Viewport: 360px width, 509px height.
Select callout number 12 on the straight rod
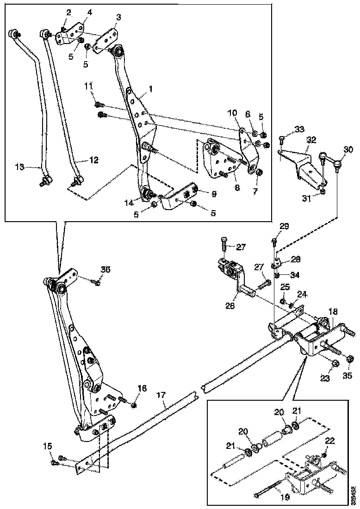[x=93, y=160]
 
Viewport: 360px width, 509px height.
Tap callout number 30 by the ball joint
[x=348, y=149]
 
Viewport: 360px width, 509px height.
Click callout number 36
[x=106, y=270]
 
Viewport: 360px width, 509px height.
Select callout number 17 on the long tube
[x=161, y=396]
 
